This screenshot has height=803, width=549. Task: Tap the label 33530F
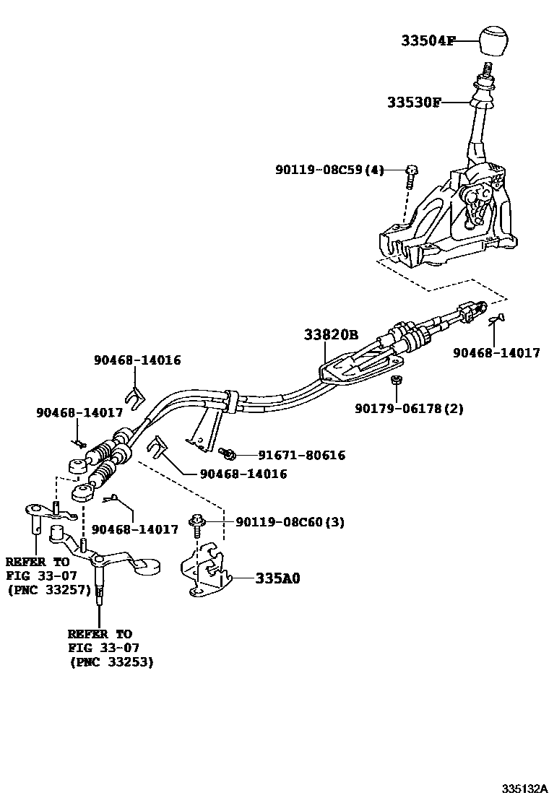coord(413,103)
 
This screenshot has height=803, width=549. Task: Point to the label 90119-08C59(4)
coord(329,170)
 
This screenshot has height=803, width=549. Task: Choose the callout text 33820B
coord(331,335)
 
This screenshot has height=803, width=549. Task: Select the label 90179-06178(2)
coord(409,409)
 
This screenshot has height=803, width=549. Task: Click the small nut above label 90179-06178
coord(396,380)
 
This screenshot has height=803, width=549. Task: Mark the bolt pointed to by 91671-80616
coord(227,453)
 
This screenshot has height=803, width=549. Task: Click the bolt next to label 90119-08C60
coord(196,521)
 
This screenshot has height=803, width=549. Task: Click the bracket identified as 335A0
coord(207,570)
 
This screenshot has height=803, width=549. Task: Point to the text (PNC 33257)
coord(48,590)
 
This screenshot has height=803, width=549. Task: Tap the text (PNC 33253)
coord(111,661)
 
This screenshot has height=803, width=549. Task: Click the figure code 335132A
coord(526,788)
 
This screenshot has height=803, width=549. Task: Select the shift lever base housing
coord(448,224)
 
